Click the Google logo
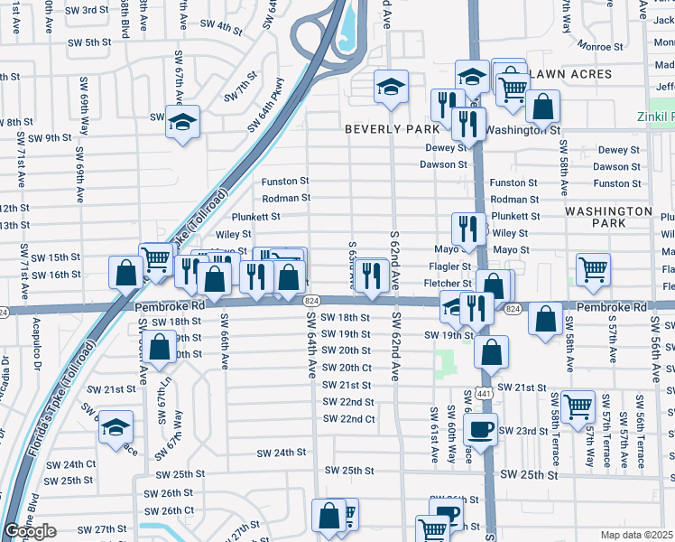[30, 531]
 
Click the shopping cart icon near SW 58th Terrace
[578, 406]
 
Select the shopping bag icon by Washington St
[542, 106]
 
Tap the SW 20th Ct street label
[347, 368]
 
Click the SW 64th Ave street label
[310, 344]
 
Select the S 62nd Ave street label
[394, 259]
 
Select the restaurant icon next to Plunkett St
[464, 227]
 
